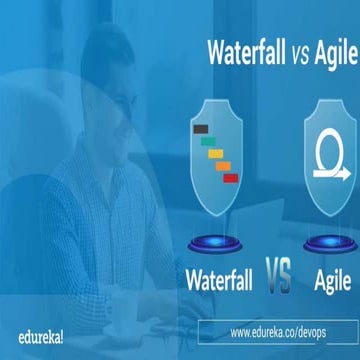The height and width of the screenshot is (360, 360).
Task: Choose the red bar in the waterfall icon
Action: (x=229, y=177)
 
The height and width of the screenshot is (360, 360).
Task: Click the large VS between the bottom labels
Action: (x=278, y=275)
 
